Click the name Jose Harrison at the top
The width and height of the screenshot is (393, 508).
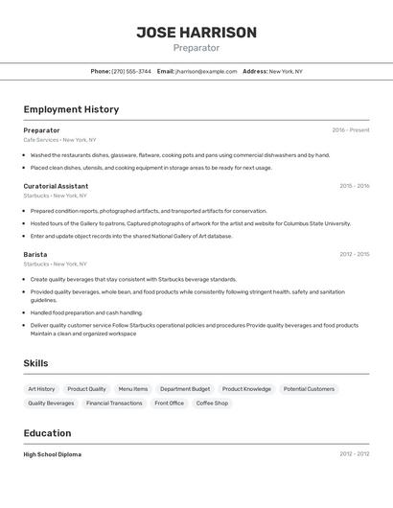196,33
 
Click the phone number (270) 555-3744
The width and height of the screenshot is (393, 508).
131,71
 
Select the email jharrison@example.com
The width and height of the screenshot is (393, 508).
206,71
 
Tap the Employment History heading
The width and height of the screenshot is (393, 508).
71,109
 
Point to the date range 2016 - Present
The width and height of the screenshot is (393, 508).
350,130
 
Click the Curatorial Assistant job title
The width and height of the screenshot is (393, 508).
56,186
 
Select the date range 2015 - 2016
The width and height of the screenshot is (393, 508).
354,186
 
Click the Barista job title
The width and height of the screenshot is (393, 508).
35,254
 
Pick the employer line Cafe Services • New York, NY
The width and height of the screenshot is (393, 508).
60,140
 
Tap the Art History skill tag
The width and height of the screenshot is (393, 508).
41,389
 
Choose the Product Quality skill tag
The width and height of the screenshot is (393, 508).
86,389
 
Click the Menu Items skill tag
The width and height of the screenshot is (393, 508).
133,389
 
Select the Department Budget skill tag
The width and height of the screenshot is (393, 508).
185,389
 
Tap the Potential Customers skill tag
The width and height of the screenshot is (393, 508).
309,389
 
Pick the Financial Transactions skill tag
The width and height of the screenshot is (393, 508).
114,404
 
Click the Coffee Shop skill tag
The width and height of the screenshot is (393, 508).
213,404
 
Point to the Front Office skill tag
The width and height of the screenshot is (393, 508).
170,404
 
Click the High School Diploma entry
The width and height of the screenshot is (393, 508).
53,454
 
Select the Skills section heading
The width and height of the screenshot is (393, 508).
35,363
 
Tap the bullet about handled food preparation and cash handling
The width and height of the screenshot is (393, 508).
86,312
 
